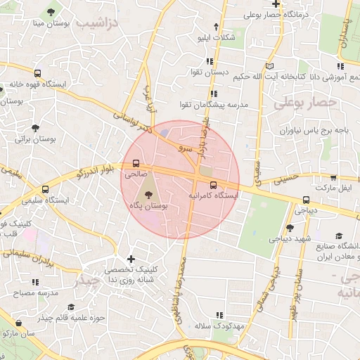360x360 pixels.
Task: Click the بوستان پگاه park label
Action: click(x=149, y=205)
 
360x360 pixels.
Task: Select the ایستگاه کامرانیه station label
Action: click(x=214, y=195)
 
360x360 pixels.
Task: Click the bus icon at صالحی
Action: click(x=136, y=163)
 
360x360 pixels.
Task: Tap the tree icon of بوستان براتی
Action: click(x=35, y=128)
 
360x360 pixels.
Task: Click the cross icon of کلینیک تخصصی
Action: click(x=131, y=259)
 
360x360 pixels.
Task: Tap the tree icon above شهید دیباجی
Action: click(x=290, y=228)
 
